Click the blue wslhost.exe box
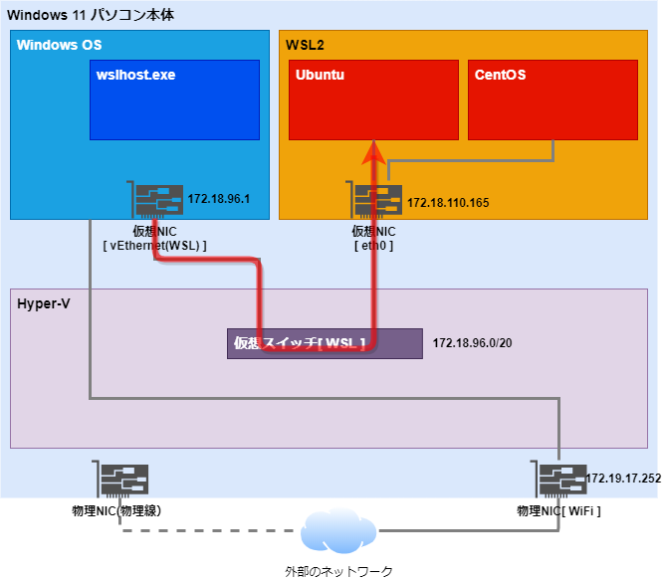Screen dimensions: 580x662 pyautogui.click(x=174, y=99)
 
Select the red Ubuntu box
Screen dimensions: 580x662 pyautogui.click(x=373, y=99)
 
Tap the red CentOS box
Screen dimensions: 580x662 pyautogui.click(x=552, y=99)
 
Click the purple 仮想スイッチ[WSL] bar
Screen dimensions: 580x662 pyautogui.click(x=325, y=343)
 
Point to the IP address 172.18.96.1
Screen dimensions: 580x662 pyautogui.click(x=218, y=199)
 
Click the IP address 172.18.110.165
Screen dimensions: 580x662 pyautogui.click(x=448, y=203)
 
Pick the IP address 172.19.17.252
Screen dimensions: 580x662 pyautogui.click(x=623, y=479)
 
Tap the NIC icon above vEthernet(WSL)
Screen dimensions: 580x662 pyautogui.click(x=156, y=201)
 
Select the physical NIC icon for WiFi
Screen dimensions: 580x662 pyautogui.click(x=559, y=481)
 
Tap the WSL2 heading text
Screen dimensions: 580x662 pyautogui.click(x=305, y=46)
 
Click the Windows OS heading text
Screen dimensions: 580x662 pyautogui.click(x=59, y=46)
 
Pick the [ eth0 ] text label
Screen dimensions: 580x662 pyautogui.click(x=374, y=245)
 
